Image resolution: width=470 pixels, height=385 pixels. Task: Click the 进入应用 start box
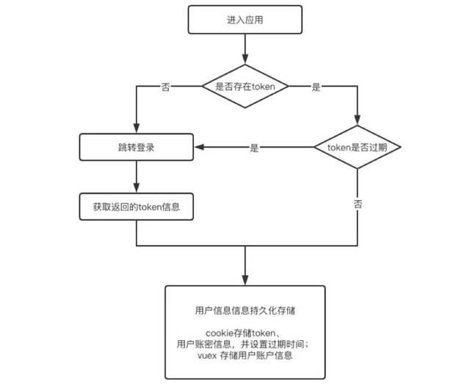point(245,20)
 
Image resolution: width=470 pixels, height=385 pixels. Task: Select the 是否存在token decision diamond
point(245,87)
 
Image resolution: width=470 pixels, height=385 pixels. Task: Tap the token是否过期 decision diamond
point(357,147)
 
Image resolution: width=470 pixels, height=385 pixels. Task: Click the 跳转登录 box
point(137,147)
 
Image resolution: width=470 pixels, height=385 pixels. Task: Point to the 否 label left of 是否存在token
point(165,87)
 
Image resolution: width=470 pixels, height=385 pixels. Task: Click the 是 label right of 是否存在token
point(317,87)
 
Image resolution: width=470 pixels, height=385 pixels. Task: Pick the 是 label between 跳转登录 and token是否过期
point(255,147)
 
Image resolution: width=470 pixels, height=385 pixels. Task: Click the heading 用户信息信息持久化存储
point(245,309)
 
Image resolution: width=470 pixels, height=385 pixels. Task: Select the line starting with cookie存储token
point(245,334)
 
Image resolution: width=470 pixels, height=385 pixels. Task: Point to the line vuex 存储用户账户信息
point(245,356)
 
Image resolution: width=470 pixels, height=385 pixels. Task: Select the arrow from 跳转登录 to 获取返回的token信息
point(137,176)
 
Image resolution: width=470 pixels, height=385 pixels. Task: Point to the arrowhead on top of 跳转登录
point(137,129)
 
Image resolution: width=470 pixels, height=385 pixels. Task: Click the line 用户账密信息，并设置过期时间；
point(245,345)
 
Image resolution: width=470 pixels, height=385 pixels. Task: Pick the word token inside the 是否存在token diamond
point(263,87)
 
